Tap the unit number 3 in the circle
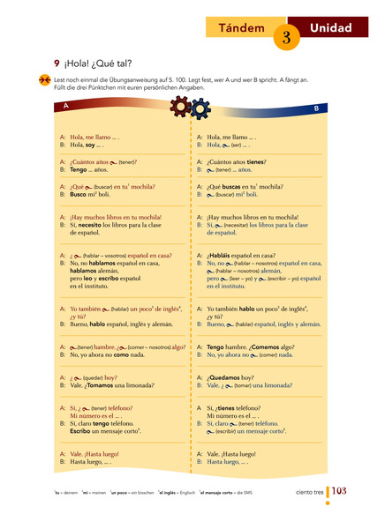287,37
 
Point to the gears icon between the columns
192,106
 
